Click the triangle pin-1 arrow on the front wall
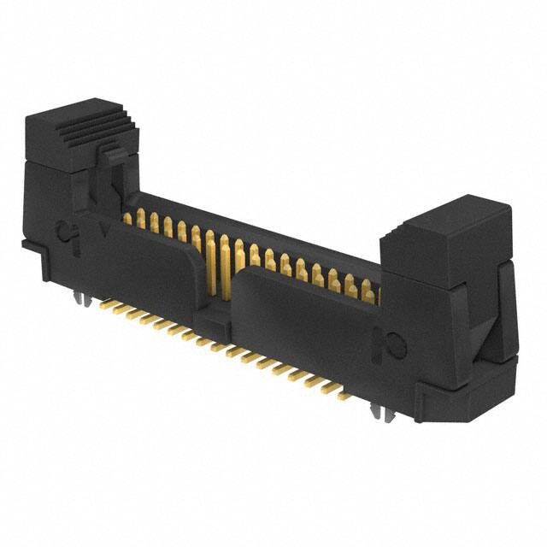[x=103, y=230]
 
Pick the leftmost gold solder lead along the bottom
[x=106, y=303]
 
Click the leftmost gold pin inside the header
[x=127, y=218]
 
